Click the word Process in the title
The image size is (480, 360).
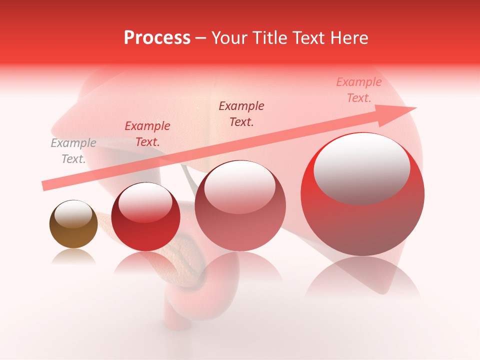157,38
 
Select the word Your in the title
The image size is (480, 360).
228,38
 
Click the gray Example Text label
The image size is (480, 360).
73,151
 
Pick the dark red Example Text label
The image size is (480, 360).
147,134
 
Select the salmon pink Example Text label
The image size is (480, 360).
358,90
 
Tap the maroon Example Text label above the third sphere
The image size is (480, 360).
241,113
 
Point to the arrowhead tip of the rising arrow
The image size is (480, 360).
415,107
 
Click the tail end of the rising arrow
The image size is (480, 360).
44,186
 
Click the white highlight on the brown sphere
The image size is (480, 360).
73,213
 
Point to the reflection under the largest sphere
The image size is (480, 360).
362,277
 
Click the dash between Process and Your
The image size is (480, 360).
200,38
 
